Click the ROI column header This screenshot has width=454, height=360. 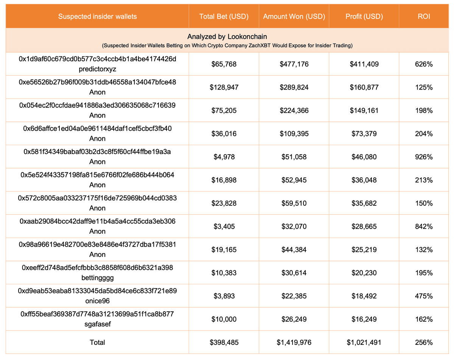click(x=424, y=16)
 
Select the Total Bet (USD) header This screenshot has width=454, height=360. click(x=224, y=16)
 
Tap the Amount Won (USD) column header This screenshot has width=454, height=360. click(x=294, y=16)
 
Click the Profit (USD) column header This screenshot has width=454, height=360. click(x=364, y=16)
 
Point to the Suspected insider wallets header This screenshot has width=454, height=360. click(x=97, y=16)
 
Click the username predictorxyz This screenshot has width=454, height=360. click(x=97, y=69)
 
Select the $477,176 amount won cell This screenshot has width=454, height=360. click(x=294, y=64)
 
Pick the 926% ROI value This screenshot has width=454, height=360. click(x=424, y=157)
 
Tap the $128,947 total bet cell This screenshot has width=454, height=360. click(x=224, y=87)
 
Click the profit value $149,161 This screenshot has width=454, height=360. click(x=364, y=110)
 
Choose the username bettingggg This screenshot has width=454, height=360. click(x=97, y=278)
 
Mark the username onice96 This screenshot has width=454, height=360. click(x=97, y=301)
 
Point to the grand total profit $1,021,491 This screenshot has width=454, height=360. click(x=364, y=342)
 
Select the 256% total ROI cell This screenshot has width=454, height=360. click(x=424, y=342)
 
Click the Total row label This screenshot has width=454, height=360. click(x=97, y=342)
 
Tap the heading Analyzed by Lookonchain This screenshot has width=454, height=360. click(x=227, y=37)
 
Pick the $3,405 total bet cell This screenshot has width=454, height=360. click(x=224, y=227)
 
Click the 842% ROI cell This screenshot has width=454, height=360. click(x=424, y=227)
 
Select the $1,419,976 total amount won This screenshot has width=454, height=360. click(x=294, y=342)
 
